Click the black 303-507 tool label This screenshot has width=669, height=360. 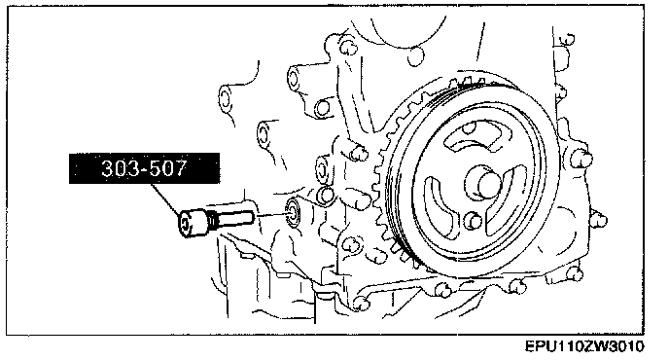click(144, 168)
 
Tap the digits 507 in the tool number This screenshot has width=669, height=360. click(169, 168)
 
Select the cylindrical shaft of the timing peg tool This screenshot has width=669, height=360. click(232, 217)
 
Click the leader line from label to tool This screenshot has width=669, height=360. click(165, 199)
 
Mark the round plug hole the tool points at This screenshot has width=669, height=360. click(293, 211)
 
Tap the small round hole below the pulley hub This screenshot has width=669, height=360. click(473, 221)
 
